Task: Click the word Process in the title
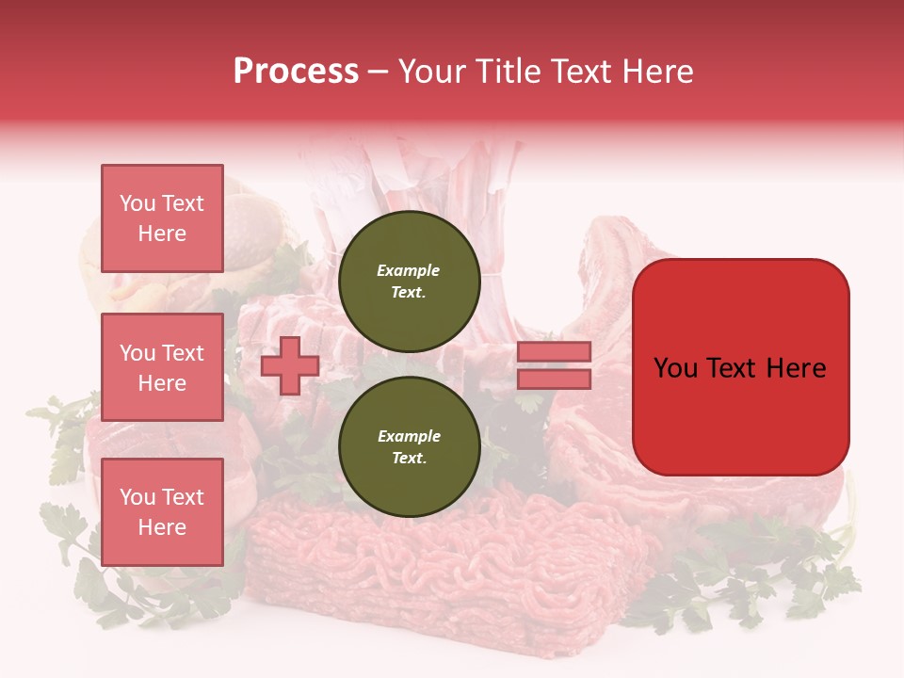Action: click(x=296, y=72)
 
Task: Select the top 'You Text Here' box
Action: click(x=162, y=218)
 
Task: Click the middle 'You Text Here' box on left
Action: click(x=162, y=367)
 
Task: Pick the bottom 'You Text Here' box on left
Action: click(x=162, y=511)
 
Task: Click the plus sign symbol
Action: click(x=290, y=365)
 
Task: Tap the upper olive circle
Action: click(x=409, y=281)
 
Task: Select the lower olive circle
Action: click(x=409, y=446)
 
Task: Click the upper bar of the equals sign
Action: click(x=554, y=352)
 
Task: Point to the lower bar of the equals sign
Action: click(x=554, y=379)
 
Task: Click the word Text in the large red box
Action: click(x=736, y=368)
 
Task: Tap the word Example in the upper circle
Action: click(x=409, y=270)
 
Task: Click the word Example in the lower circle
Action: click(x=409, y=436)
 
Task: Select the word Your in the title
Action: click(x=429, y=72)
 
